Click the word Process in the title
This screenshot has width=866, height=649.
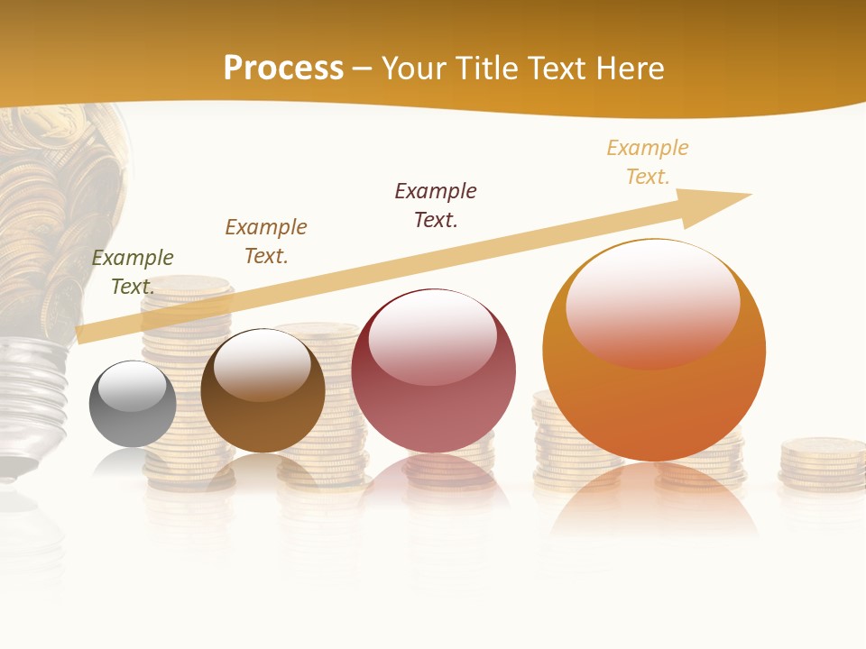coord(283,69)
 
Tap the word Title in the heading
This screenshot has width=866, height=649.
coord(484,69)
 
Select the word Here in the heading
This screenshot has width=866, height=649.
coord(631,69)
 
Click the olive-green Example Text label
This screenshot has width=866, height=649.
coord(133,272)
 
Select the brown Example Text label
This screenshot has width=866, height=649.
coord(266,242)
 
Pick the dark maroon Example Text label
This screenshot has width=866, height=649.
coord(436,206)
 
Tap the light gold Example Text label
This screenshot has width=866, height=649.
coord(648,162)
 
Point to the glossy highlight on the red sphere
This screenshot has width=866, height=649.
coord(432,336)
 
